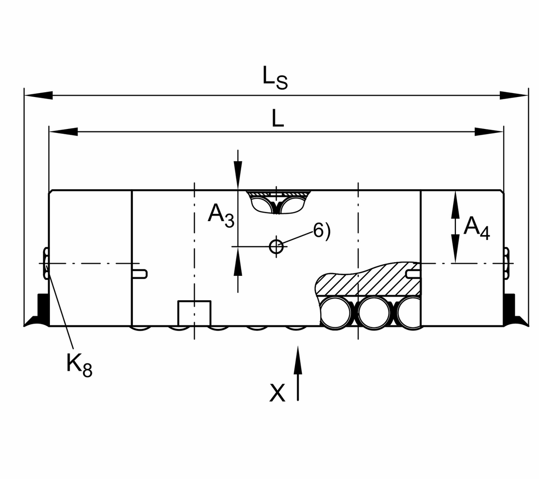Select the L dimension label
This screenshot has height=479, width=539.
pyautogui.click(x=278, y=119)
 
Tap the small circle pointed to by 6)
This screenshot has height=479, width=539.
pyautogui.click(x=276, y=246)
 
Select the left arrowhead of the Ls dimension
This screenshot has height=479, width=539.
pyautogui.click(x=39, y=95)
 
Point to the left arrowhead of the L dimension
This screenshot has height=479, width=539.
pyautogui.click(x=63, y=132)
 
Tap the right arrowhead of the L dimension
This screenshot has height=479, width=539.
pyautogui.click(x=489, y=132)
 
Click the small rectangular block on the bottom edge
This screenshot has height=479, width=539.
pyautogui.click(x=195, y=313)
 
